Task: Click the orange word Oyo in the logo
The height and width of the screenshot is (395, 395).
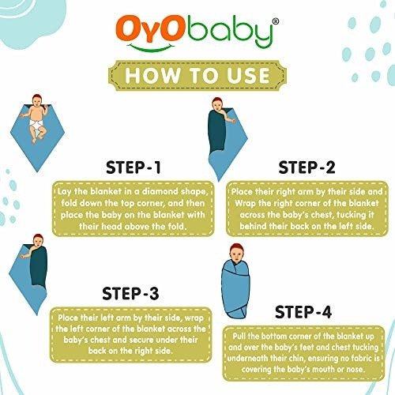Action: coord(149,29)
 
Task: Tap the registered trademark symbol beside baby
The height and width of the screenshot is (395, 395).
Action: coord(275,21)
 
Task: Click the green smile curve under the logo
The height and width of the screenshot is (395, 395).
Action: coord(151,47)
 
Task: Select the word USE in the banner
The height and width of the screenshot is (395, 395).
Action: coord(248,76)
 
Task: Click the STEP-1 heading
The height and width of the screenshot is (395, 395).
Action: coord(134,167)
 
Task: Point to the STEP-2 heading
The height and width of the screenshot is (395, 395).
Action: coord(307,167)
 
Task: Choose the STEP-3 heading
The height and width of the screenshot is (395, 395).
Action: coord(130,293)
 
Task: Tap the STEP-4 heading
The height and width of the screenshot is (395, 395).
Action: coord(303,312)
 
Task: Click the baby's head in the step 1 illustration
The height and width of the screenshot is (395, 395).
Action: coord(38,100)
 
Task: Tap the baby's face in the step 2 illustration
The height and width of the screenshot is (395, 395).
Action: coord(217,106)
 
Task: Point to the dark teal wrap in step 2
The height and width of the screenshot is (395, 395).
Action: coord(217,133)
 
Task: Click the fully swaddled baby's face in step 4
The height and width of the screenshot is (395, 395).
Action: coord(237,254)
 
